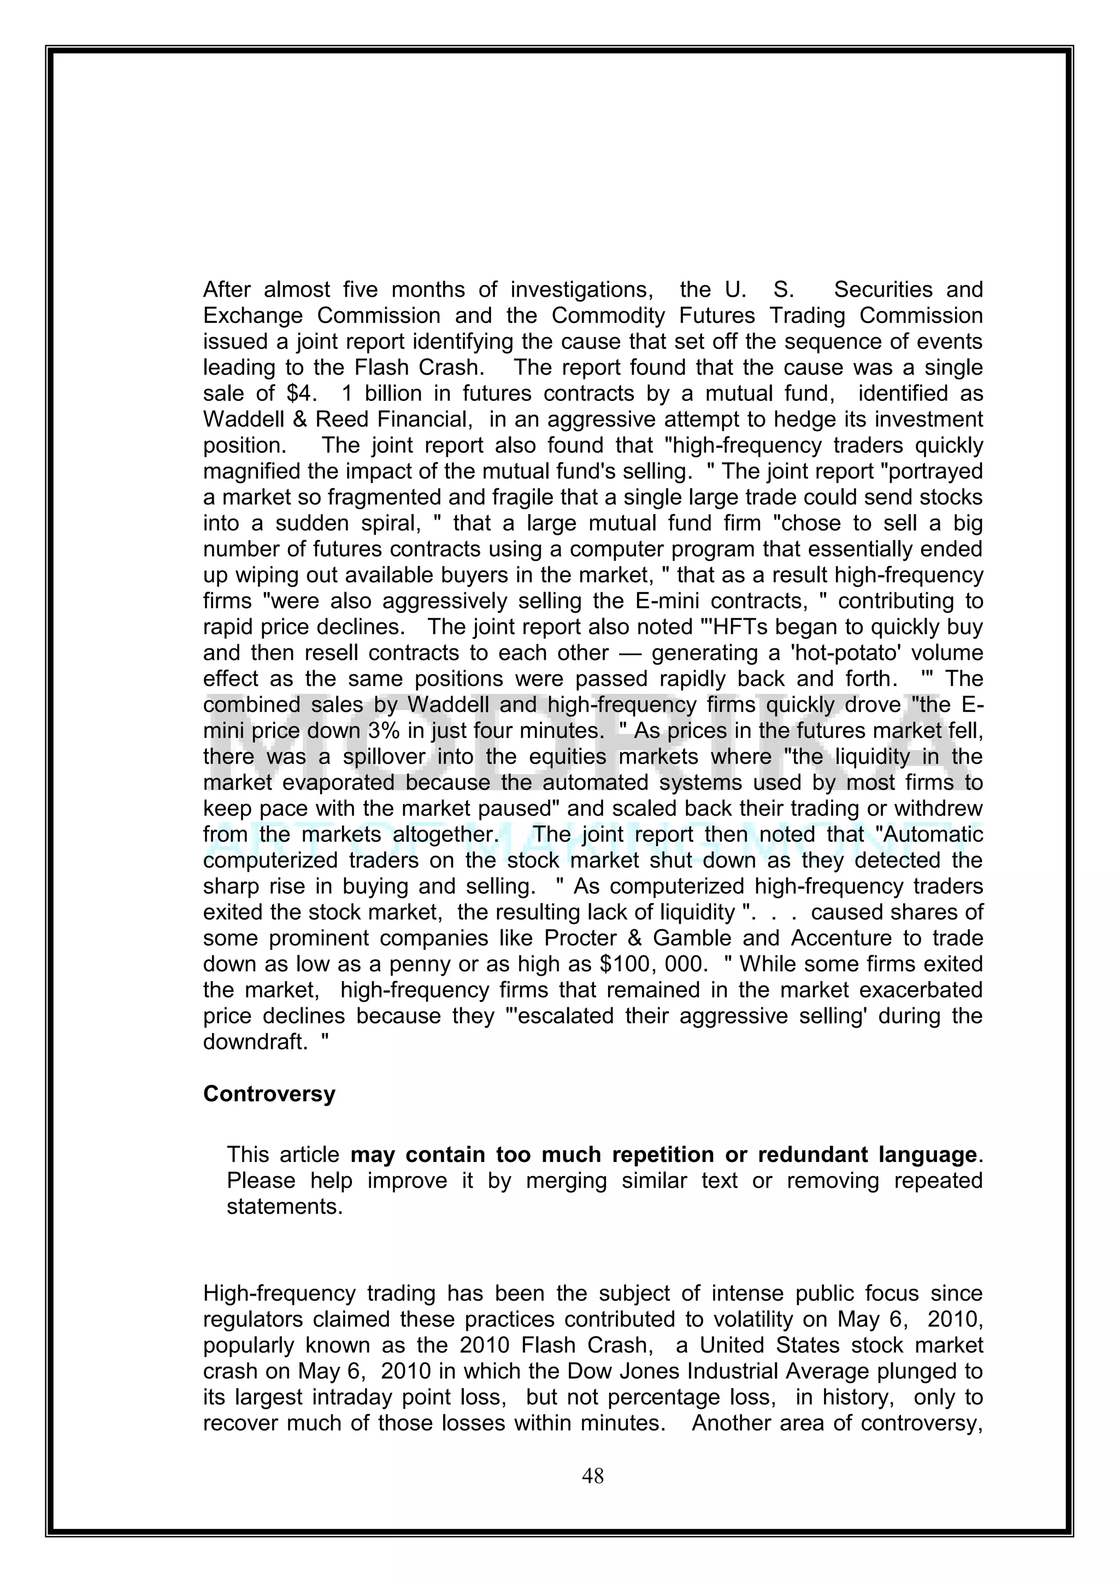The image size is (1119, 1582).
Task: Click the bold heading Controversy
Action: [x=269, y=1094]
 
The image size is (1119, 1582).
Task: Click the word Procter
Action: [x=584, y=938]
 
